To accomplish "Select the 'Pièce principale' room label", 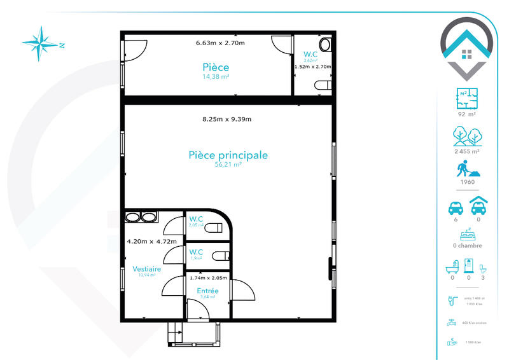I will [x=228, y=155].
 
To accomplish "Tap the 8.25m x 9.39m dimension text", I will [x=227, y=119].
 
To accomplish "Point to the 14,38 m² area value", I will [x=216, y=76].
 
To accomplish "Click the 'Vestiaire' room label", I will [x=147, y=269].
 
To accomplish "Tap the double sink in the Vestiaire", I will [x=141, y=217].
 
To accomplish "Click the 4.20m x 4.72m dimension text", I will [x=151, y=242].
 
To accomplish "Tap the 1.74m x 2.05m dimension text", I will [x=208, y=278].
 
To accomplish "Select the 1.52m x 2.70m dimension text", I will [x=312, y=66].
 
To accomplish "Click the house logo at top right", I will [x=467, y=48].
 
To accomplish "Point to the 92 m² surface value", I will [x=468, y=114].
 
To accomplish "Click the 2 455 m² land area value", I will [x=468, y=151].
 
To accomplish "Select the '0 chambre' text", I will [x=468, y=246].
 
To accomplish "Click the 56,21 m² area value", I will [x=228, y=165].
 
